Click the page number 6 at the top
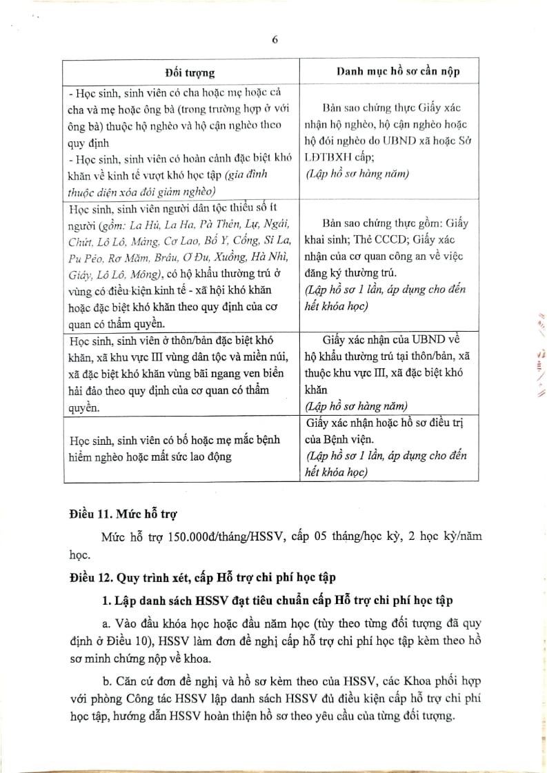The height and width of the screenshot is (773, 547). pyautogui.click(x=275, y=39)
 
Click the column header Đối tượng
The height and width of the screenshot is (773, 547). pyautogui.click(x=190, y=72)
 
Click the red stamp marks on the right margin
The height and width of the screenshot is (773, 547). pyautogui.click(x=535, y=359)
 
